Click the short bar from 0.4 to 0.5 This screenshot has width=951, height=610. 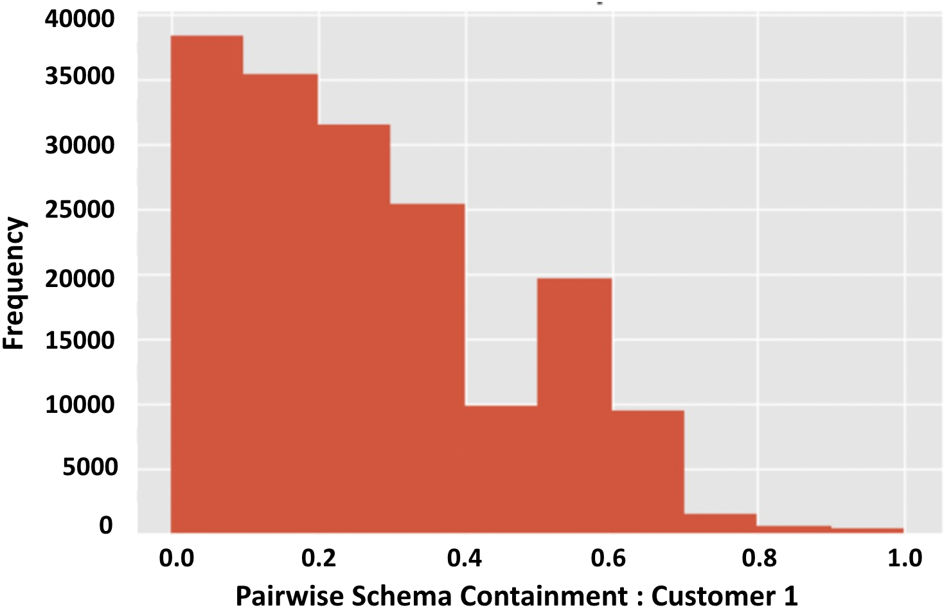501,469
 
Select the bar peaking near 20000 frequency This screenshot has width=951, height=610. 574,405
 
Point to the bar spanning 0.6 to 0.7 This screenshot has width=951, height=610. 648,471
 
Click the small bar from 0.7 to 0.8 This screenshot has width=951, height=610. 720,523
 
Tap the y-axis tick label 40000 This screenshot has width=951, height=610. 80,19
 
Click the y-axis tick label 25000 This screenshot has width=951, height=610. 80,209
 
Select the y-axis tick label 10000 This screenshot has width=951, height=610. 80,405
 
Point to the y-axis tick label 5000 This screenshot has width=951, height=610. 90,467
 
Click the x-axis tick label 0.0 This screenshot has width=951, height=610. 176,558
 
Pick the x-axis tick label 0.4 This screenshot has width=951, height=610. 464,558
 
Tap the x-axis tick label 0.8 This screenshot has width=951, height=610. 759,558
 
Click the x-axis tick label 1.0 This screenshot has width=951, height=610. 905,558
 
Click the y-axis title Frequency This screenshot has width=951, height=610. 14,283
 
